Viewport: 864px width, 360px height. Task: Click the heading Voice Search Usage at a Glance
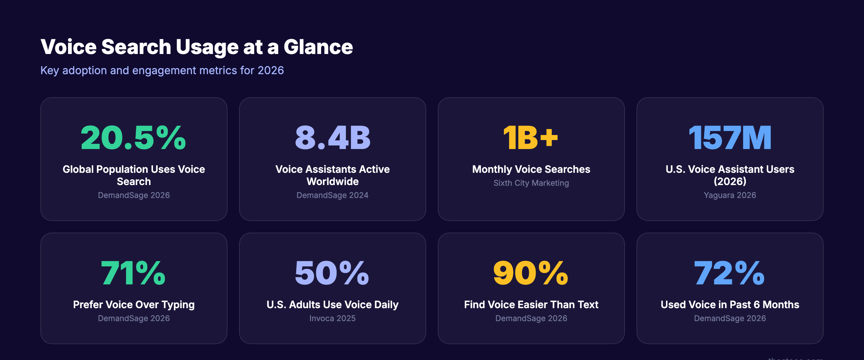[x=197, y=47]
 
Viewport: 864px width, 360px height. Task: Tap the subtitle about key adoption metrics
[x=162, y=70]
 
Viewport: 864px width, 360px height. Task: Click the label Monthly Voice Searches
[x=531, y=169]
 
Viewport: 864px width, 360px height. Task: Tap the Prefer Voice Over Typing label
[x=134, y=305]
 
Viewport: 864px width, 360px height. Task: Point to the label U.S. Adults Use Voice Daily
[x=332, y=305]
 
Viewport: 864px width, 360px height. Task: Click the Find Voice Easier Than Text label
[x=531, y=305]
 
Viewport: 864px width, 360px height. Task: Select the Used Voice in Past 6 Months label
[x=730, y=305]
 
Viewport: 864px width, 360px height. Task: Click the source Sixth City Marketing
[x=531, y=183]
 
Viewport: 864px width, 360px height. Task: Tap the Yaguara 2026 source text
[x=730, y=195]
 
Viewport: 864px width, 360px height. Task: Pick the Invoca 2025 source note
[x=332, y=318]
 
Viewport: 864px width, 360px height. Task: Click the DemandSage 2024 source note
[x=332, y=195]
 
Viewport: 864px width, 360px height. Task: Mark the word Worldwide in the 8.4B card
[x=332, y=181]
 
